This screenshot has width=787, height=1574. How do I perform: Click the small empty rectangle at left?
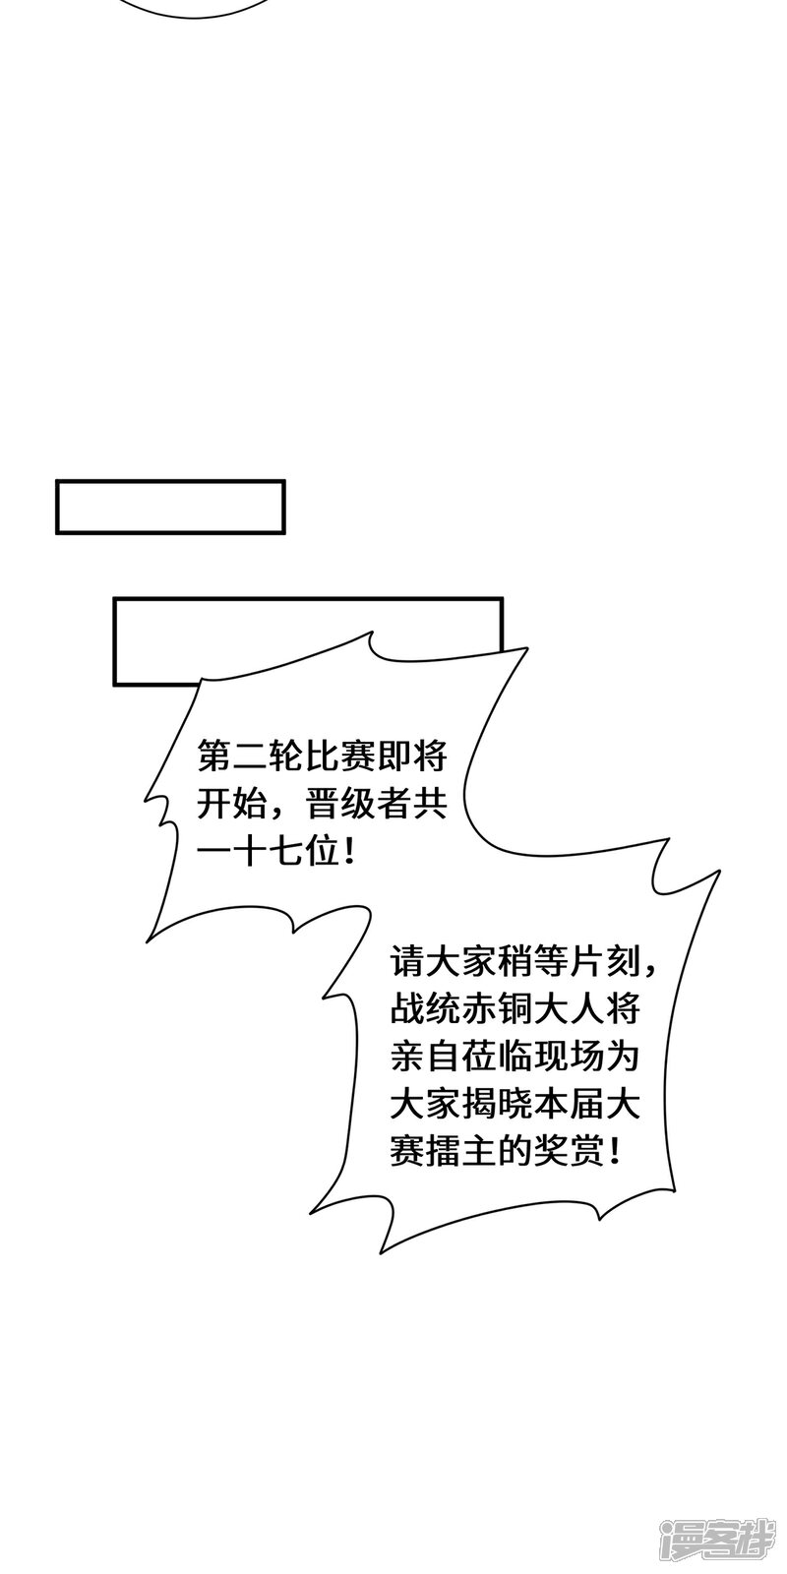point(170,507)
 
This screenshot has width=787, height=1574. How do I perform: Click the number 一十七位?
point(270,853)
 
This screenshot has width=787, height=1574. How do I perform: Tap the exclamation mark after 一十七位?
point(350,853)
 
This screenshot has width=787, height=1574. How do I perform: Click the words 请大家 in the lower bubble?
point(444,961)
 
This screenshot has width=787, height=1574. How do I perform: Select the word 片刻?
point(606,961)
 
